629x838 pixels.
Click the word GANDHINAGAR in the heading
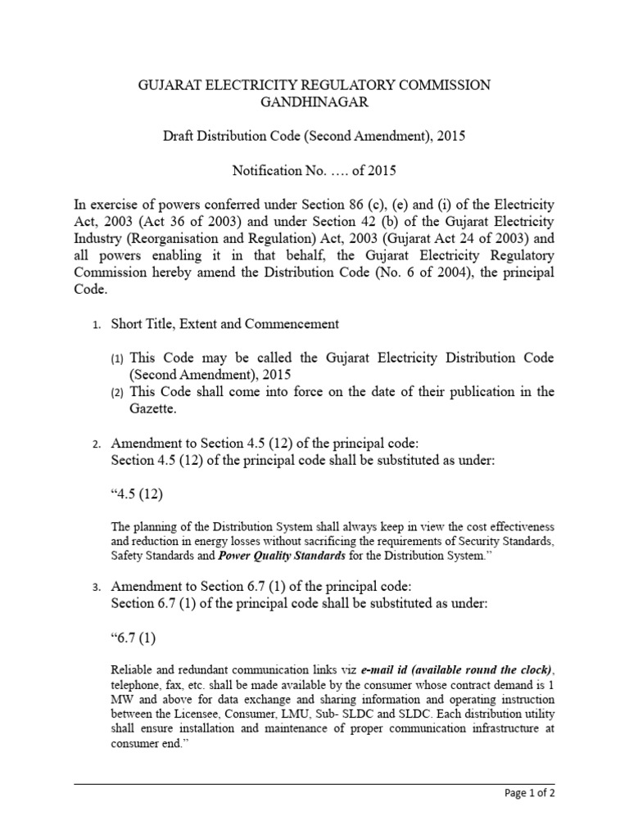[314, 102]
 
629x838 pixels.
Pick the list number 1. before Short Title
[97, 325]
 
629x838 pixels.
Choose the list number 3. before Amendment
[97, 588]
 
